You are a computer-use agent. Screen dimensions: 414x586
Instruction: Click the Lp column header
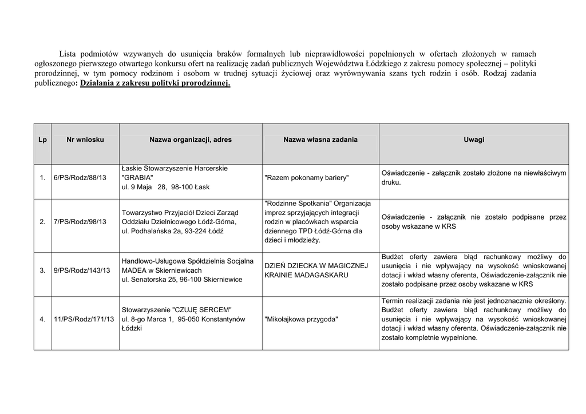[42, 140]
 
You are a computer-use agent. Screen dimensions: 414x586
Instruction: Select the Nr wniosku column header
[85, 140]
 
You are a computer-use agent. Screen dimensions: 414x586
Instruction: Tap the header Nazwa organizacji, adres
[191, 140]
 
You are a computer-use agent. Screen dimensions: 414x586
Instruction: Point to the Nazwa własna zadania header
[320, 140]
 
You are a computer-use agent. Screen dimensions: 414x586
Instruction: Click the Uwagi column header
[474, 140]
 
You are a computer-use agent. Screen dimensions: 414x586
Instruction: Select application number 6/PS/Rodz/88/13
[80, 178]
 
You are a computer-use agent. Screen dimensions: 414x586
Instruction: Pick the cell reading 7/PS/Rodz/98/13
[80, 222]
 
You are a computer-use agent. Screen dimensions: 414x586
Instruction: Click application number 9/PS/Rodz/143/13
[82, 270]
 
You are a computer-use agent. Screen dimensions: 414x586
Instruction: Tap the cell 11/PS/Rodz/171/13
[84, 319]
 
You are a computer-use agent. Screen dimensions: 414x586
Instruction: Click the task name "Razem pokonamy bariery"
[306, 178]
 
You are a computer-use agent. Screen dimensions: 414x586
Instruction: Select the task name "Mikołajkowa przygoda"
[302, 319]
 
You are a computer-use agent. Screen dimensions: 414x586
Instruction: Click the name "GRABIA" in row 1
[138, 178]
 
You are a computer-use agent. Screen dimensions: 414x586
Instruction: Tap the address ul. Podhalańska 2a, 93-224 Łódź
[172, 231]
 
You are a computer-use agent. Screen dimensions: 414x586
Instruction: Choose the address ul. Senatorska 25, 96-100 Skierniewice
[182, 280]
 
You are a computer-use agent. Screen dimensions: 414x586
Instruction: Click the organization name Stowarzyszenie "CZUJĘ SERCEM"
[177, 309]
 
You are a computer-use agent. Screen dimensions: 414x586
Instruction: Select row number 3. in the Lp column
[42, 270]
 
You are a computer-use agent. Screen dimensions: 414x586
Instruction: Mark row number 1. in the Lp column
[42, 178]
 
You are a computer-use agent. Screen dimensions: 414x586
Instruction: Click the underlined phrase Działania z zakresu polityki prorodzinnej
[155, 83]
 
